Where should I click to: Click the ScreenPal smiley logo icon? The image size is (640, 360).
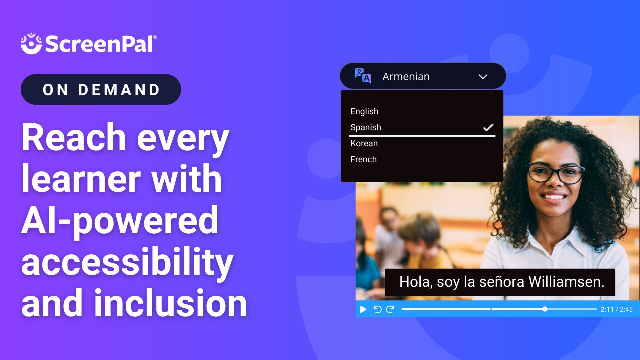[x=31, y=43]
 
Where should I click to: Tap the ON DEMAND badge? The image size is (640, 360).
[x=101, y=90]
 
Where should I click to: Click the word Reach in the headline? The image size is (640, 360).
[x=73, y=138]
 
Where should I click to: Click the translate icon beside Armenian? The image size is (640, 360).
[x=363, y=76]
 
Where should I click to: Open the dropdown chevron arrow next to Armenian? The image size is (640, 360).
[x=483, y=77]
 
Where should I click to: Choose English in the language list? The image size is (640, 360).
[x=364, y=111]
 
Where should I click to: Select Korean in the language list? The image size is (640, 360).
[x=364, y=143]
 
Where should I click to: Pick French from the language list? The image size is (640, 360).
[x=363, y=159]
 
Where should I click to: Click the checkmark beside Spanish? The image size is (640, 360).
[x=488, y=127]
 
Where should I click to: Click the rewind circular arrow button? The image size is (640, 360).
[x=377, y=309]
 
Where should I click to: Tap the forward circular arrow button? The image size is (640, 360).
[x=390, y=309]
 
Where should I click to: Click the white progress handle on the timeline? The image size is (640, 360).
[x=545, y=309]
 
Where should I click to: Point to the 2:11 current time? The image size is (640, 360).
[x=607, y=310]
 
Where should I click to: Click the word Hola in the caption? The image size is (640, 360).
[x=415, y=282]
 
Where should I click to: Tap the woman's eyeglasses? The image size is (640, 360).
[x=555, y=173]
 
